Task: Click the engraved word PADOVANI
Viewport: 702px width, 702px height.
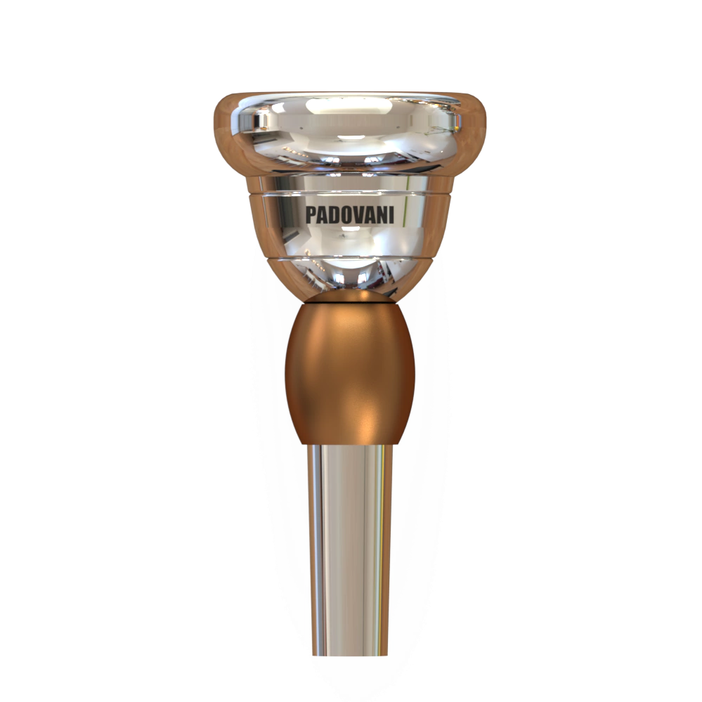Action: pyautogui.click(x=350, y=215)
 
